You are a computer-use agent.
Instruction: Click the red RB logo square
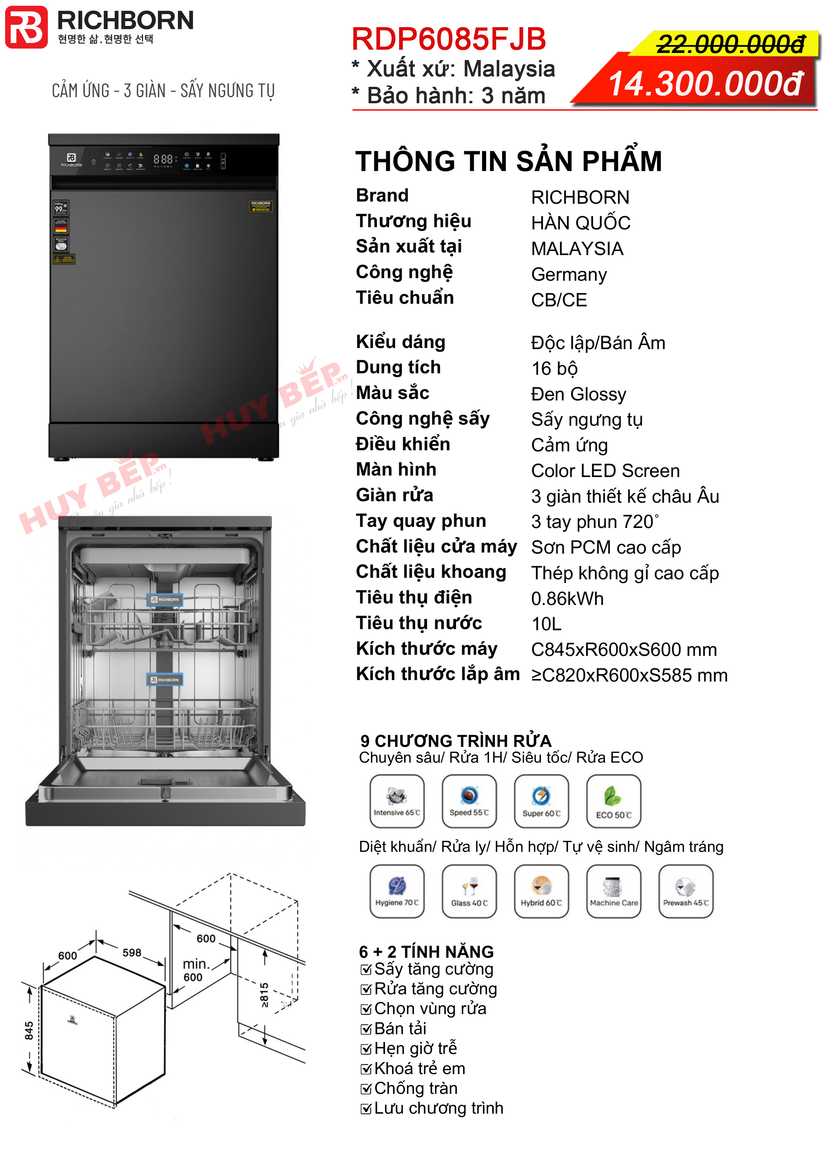(x=26, y=27)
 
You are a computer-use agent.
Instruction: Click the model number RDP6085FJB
(x=449, y=40)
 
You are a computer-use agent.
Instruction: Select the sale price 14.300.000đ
(x=705, y=83)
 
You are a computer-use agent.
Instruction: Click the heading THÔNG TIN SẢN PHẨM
(x=508, y=161)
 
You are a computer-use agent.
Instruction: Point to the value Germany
(x=569, y=275)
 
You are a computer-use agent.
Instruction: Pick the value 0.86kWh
(x=567, y=599)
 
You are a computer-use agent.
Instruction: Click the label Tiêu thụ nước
(x=419, y=623)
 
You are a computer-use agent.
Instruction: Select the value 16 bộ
(x=555, y=369)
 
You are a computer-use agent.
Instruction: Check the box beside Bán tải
(x=366, y=1030)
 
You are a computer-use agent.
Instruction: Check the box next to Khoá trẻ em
(x=366, y=1069)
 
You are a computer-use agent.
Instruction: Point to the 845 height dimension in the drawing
(x=29, y=1031)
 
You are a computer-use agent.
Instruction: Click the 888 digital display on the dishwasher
(x=163, y=159)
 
